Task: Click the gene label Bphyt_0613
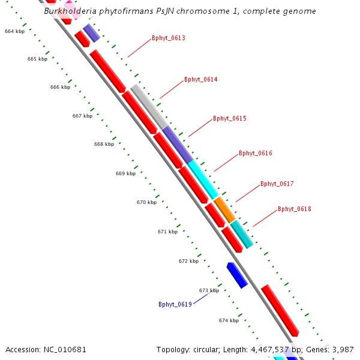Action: click(x=168, y=38)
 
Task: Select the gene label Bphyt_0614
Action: click(x=200, y=79)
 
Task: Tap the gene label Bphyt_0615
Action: click(x=229, y=118)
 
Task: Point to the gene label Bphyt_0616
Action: click(x=255, y=153)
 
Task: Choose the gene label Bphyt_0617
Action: click(x=277, y=184)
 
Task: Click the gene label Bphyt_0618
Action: click(x=294, y=209)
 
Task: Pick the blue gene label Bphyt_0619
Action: click(x=175, y=304)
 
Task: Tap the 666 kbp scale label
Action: click(x=60, y=87)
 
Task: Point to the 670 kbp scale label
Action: click(x=146, y=202)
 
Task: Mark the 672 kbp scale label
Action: click(x=188, y=261)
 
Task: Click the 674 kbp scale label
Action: click(x=229, y=320)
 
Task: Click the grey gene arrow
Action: click(x=148, y=106)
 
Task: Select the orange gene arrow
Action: click(x=224, y=209)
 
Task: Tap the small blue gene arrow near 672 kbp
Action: click(x=237, y=275)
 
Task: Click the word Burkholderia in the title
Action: click(x=70, y=11)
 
